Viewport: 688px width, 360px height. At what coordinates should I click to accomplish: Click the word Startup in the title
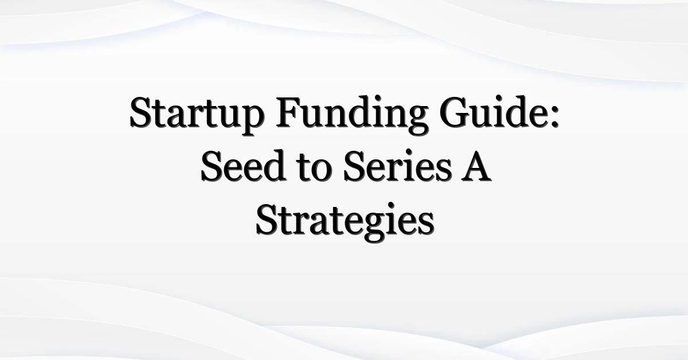click(x=197, y=115)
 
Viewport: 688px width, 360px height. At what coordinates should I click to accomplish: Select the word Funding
click(x=351, y=115)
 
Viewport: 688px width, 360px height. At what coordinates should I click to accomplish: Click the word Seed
click(x=244, y=166)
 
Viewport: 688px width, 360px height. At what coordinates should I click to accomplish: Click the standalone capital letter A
click(x=476, y=166)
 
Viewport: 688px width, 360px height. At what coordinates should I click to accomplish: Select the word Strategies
click(x=345, y=221)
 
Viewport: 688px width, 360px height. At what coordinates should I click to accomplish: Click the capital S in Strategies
click(x=268, y=220)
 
